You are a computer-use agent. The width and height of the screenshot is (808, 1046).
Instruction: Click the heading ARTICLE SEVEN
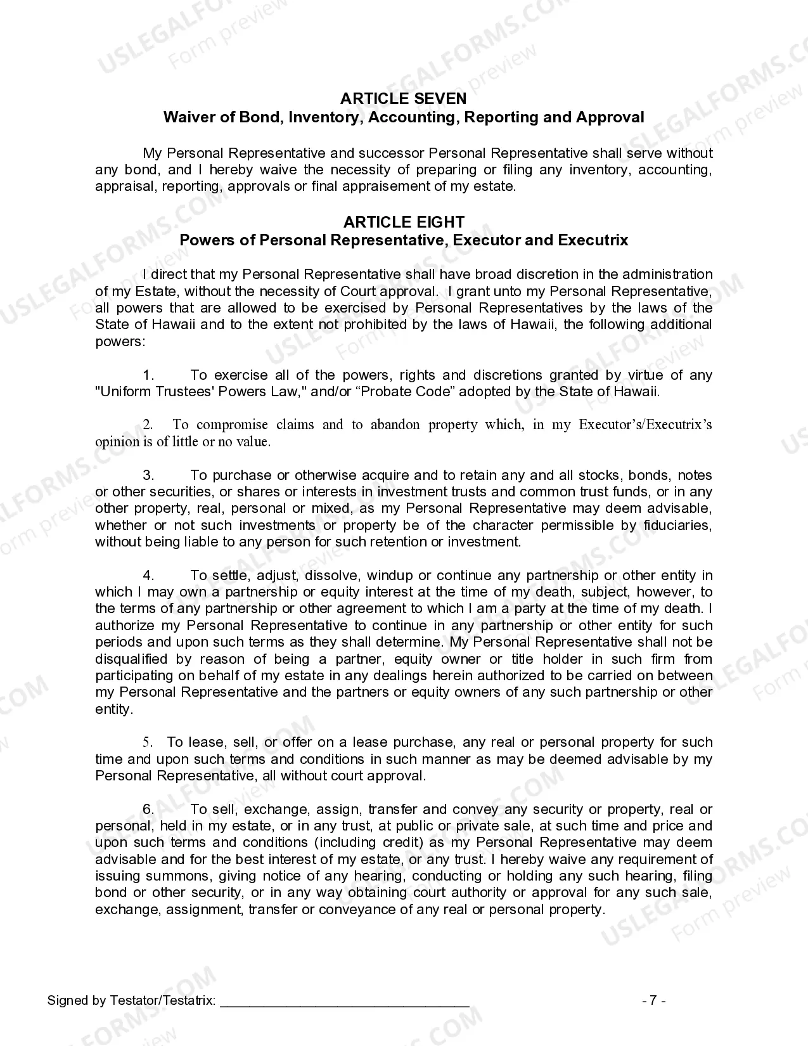click(x=403, y=98)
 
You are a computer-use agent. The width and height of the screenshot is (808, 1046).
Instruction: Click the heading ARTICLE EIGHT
click(x=403, y=222)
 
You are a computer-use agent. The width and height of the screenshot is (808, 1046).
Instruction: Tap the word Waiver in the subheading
click(x=186, y=117)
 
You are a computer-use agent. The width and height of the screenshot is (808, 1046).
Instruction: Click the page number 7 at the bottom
click(x=653, y=1000)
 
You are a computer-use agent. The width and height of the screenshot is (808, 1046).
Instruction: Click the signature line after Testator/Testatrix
click(x=345, y=1000)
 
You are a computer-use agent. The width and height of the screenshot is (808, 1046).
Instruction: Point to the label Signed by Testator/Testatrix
click(x=131, y=1000)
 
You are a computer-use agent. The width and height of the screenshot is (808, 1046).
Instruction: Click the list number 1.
click(x=148, y=375)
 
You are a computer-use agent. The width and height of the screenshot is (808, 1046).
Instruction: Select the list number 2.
click(x=148, y=425)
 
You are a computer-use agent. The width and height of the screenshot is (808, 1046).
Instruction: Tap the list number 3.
click(x=148, y=475)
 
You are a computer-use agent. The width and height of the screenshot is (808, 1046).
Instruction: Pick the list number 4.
click(x=148, y=576)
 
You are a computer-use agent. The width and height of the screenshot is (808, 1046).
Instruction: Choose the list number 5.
click(x=148, y=742)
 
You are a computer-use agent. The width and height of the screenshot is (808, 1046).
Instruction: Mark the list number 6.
click(x=148, y=810)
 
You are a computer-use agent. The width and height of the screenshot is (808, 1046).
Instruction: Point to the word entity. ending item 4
click(x=114, y=709)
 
